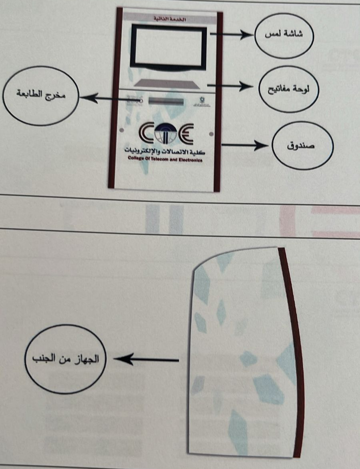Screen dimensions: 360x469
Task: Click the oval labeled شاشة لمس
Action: (284, 35)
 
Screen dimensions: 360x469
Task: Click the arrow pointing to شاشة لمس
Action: (232, 35)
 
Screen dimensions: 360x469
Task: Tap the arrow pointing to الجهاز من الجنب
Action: (146, 360)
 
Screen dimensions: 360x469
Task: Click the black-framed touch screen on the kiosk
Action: (169, 47)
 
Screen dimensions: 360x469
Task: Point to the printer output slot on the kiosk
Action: (166, 102)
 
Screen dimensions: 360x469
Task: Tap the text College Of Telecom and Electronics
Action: (165, 160)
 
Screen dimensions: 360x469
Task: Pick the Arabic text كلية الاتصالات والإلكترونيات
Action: (165, 151)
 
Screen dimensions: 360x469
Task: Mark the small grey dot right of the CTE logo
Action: (211, 134)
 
